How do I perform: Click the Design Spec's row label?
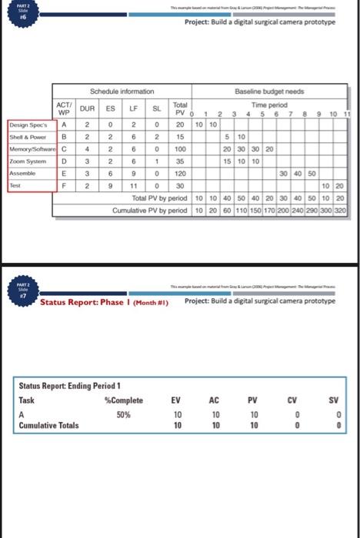28,125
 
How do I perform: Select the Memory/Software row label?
29,150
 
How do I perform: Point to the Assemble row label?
22,174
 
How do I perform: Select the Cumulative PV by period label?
149,209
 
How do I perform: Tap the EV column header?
178,400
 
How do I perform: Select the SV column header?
334,400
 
